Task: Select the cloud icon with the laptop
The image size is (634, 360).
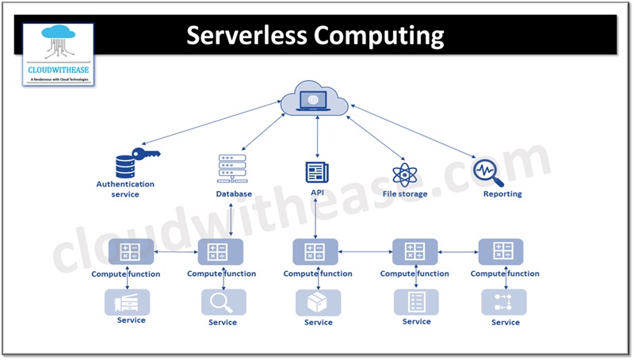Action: pyautogui.click(x=316, y=100)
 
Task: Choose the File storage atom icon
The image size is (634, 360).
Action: pyautogui.click(x=404, y=174)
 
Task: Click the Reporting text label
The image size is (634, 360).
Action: pyautogui.click(x=502, y=193)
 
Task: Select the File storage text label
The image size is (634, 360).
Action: pyautogui.click(x=404, y=193)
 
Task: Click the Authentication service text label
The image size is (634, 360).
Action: pyautogui.click(x=125, y=189)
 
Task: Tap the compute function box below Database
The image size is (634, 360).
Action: pyautogui.click(x=221, y=252)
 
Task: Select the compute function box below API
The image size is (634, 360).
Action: pyautogui.click(x=315, y=252)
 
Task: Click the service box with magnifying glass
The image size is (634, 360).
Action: pyautogui.click(x=223, y=302)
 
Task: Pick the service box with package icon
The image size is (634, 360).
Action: pyautogui.click(x=318, y=302)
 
